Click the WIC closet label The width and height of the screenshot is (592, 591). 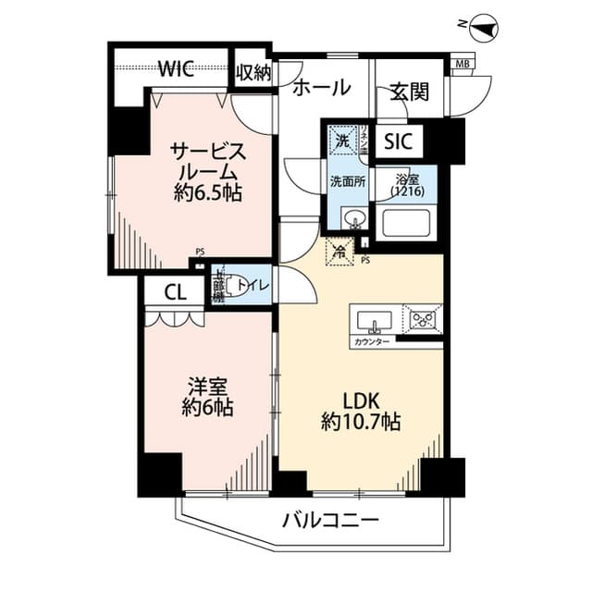pos(175,67)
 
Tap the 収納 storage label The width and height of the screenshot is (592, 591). pos(253,73)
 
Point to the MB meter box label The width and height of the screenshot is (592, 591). pos(460,64)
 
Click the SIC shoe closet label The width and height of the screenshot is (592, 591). pos(398,142)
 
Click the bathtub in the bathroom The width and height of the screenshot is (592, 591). pos(407,223)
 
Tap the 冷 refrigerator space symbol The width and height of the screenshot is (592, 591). pos(339,250)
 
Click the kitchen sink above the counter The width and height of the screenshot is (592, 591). pos(375,323)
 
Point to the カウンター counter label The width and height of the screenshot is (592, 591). pos(372,342)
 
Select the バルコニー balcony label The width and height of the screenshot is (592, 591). pos(330,521)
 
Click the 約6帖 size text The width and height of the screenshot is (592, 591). pos(207,407)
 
